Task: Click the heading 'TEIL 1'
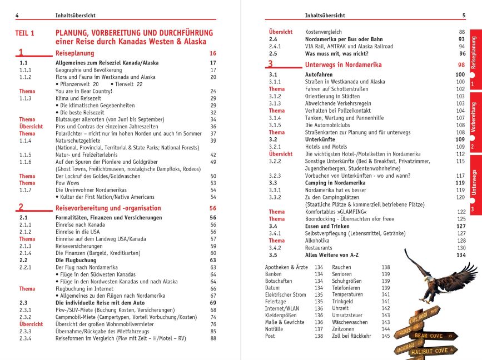coord(25,33)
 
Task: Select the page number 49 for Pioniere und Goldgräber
coord(213,162)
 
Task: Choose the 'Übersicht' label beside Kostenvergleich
coord(281,32)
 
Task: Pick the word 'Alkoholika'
coord(319,241)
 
